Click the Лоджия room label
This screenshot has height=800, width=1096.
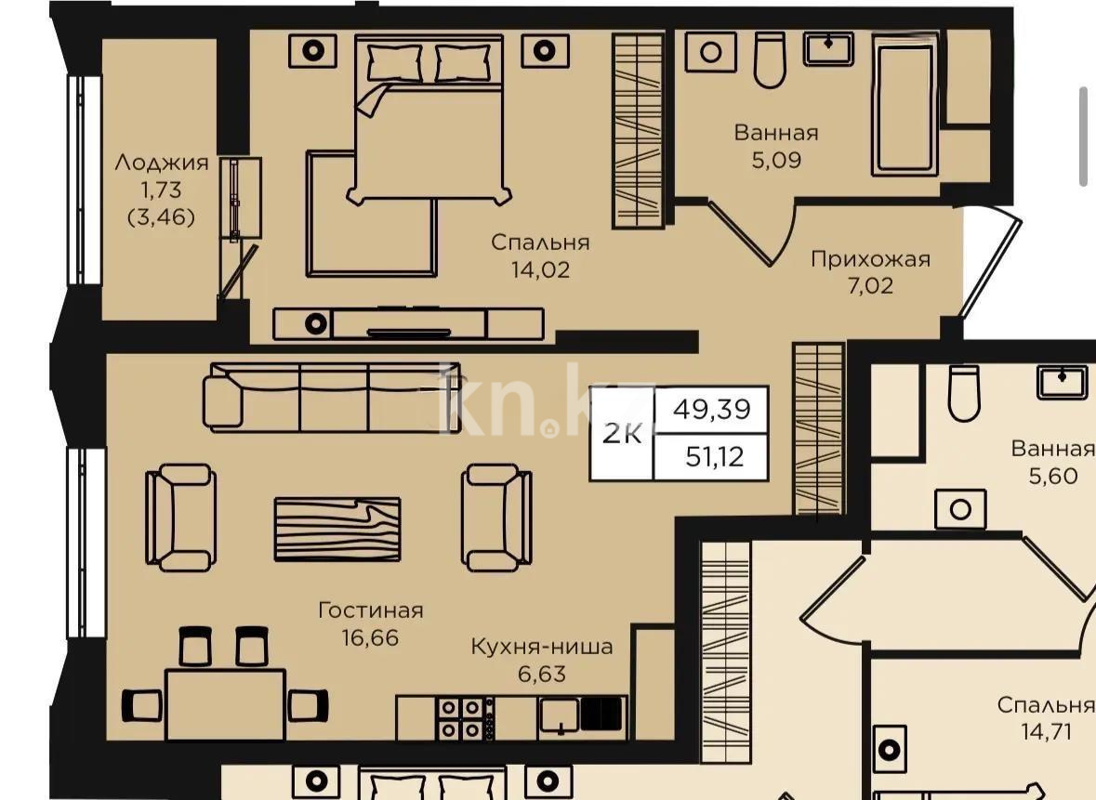(x=161, y=164)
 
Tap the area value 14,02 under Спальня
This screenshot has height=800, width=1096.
(x=540, y=270)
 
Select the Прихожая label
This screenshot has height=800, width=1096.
(x=869, y=258)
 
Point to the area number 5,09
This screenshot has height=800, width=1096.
(x=776, y=160)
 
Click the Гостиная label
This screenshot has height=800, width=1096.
(x=370, y=610)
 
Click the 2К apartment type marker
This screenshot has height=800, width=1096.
(x=622, y=433)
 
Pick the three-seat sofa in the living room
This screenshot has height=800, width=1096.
(x=332, y=398)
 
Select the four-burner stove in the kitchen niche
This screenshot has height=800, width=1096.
(x=462, y=717)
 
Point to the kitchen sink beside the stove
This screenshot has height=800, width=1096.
(x=559, y=715)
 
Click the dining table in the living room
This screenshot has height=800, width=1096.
(x=225, y=704)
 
